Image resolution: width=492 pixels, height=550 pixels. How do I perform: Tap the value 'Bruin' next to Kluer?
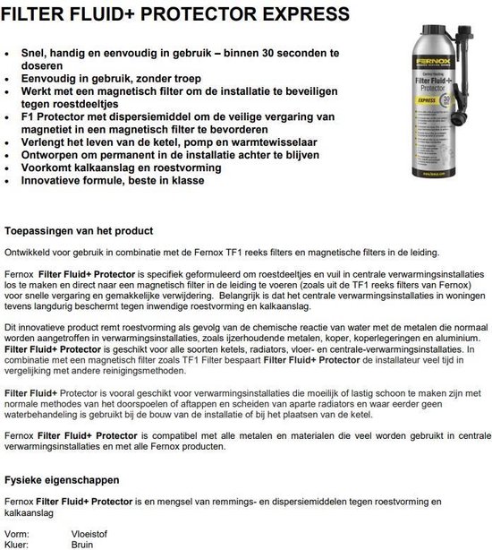pos(83,543)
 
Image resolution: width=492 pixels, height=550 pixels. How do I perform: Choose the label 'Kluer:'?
pos(18,543)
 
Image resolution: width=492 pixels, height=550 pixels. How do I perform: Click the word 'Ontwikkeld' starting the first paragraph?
pos(28,252)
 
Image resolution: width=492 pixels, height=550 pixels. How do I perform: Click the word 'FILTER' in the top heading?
pos(33,14)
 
